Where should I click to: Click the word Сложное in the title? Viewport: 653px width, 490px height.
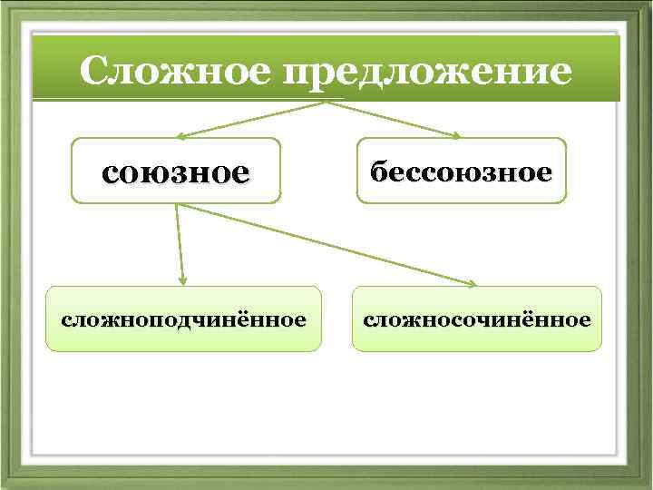coord(175,70)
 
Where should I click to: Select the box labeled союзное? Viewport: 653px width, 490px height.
coord(176,170)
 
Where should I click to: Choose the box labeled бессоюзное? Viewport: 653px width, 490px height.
coord(461,170)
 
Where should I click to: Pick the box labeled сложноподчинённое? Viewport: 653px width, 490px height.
coord(183,318)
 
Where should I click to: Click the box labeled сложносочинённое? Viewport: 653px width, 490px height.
coord(477,318)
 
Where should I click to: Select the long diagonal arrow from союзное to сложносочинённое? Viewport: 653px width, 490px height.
coord(326,243)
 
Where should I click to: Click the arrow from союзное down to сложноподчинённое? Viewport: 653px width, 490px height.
coord(180,240)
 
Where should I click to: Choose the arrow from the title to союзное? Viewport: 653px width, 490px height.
coord(254,119)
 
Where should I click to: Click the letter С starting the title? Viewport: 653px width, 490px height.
coord(94,70)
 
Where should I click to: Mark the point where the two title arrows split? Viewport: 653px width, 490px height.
coord(326,102)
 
